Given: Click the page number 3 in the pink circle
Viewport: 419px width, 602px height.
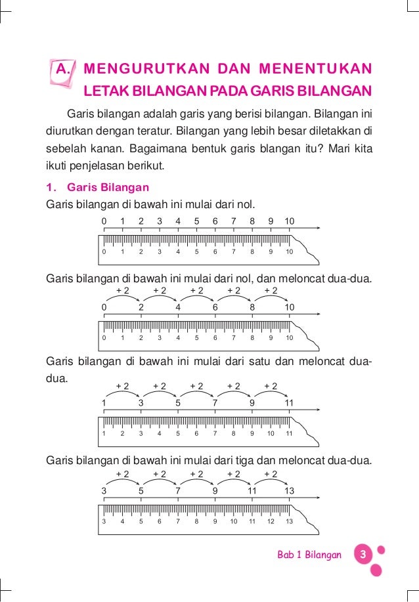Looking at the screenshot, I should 362,555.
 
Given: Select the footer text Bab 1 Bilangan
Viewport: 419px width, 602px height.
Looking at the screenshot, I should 309,555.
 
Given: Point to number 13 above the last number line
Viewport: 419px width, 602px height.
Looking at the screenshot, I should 289,490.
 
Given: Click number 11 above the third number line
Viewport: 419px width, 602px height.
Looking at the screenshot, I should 289,402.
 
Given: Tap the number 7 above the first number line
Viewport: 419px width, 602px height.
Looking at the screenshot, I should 233,221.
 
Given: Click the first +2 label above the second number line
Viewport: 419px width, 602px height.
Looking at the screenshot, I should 122,291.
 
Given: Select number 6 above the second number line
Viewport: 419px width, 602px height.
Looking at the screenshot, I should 215,307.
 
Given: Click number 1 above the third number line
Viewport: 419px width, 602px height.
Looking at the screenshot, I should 104,402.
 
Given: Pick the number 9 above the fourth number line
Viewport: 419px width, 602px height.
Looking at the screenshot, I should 215,490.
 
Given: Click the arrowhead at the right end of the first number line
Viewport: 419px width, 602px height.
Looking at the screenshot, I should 319,228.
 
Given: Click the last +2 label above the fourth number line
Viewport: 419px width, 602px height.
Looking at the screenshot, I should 271,474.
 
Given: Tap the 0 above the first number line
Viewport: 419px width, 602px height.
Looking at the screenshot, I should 104,221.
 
